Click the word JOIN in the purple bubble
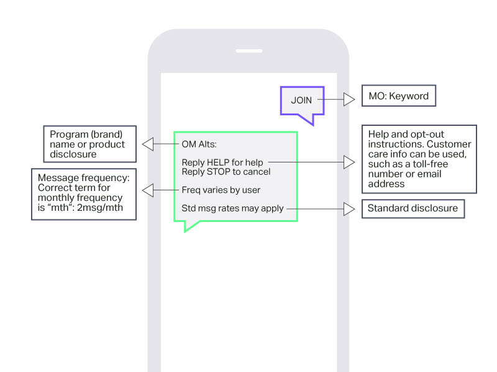tap(301, 100)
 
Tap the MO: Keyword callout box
tap(399, 95)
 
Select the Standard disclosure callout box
tap(413, 208)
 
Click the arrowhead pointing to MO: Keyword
tap(349, 99)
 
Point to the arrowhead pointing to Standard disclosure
tap(349, 209)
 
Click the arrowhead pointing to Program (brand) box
tap(148, 144)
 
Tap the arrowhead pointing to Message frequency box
tap(148, 190)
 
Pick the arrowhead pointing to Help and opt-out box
tap(349, 162)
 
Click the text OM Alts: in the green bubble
tap(199, 144)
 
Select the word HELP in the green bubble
tap(218, 162)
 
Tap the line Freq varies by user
tap(221, 190)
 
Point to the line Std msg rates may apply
tap(232, 208)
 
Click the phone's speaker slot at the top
tap(249, 51)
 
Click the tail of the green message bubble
tap(190, 226)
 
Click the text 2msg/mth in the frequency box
tap(100, 208)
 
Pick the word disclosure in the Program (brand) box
tap(73, 154)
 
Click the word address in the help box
tap(386, 184)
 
